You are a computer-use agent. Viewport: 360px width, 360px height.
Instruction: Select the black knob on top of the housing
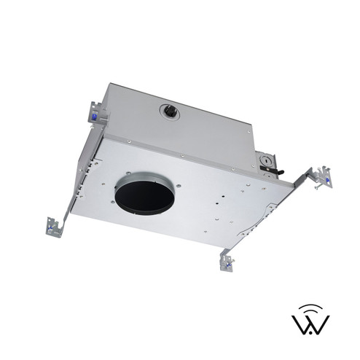tap(169, 111)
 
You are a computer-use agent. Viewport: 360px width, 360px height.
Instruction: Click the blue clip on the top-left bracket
tap(95, 114)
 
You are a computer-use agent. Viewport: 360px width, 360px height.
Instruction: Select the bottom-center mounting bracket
tap(227, 260)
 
